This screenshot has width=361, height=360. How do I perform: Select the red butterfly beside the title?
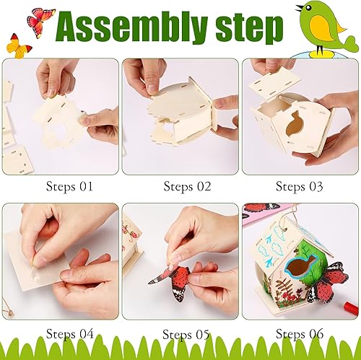pyautogui.click(x=40, y=19)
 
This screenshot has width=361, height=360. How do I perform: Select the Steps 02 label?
pyautogui.click(x=187, y=186)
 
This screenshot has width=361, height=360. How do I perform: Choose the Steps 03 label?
pyautogui.click(x=300, y=186)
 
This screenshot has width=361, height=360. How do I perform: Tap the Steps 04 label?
pyautogui.click(x=70, y=333)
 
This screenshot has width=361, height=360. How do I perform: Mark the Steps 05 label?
pyautogui.click(x=187, y=334)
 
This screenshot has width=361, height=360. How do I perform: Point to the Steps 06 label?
pyautogui.click(x=300, y=333)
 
